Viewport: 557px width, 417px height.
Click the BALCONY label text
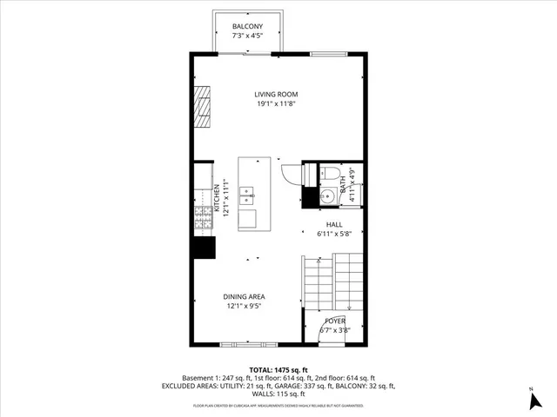tap(248, 26)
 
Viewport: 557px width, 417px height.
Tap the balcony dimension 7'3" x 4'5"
tap(248, 36)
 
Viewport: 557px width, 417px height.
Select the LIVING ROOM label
tap(277, 95)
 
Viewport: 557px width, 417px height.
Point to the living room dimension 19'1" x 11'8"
tap(277, 104)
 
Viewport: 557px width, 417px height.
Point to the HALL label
tap(333, 223)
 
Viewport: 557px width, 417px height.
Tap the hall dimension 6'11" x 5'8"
tap(333, 233)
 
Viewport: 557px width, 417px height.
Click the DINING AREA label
tap(245, 296)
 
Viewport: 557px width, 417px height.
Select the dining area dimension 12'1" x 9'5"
tap(245, 306)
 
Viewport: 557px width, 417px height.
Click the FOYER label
tap(334, 321)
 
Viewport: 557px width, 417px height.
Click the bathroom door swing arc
tap(310, 174)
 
